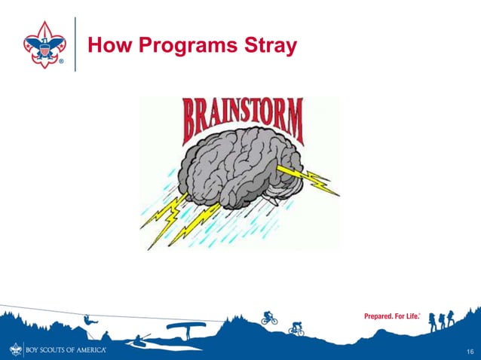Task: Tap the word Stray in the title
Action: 270,47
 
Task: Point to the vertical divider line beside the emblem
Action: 75,44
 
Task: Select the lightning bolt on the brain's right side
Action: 310,176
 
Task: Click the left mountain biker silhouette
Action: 269,318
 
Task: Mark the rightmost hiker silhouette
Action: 451,317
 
